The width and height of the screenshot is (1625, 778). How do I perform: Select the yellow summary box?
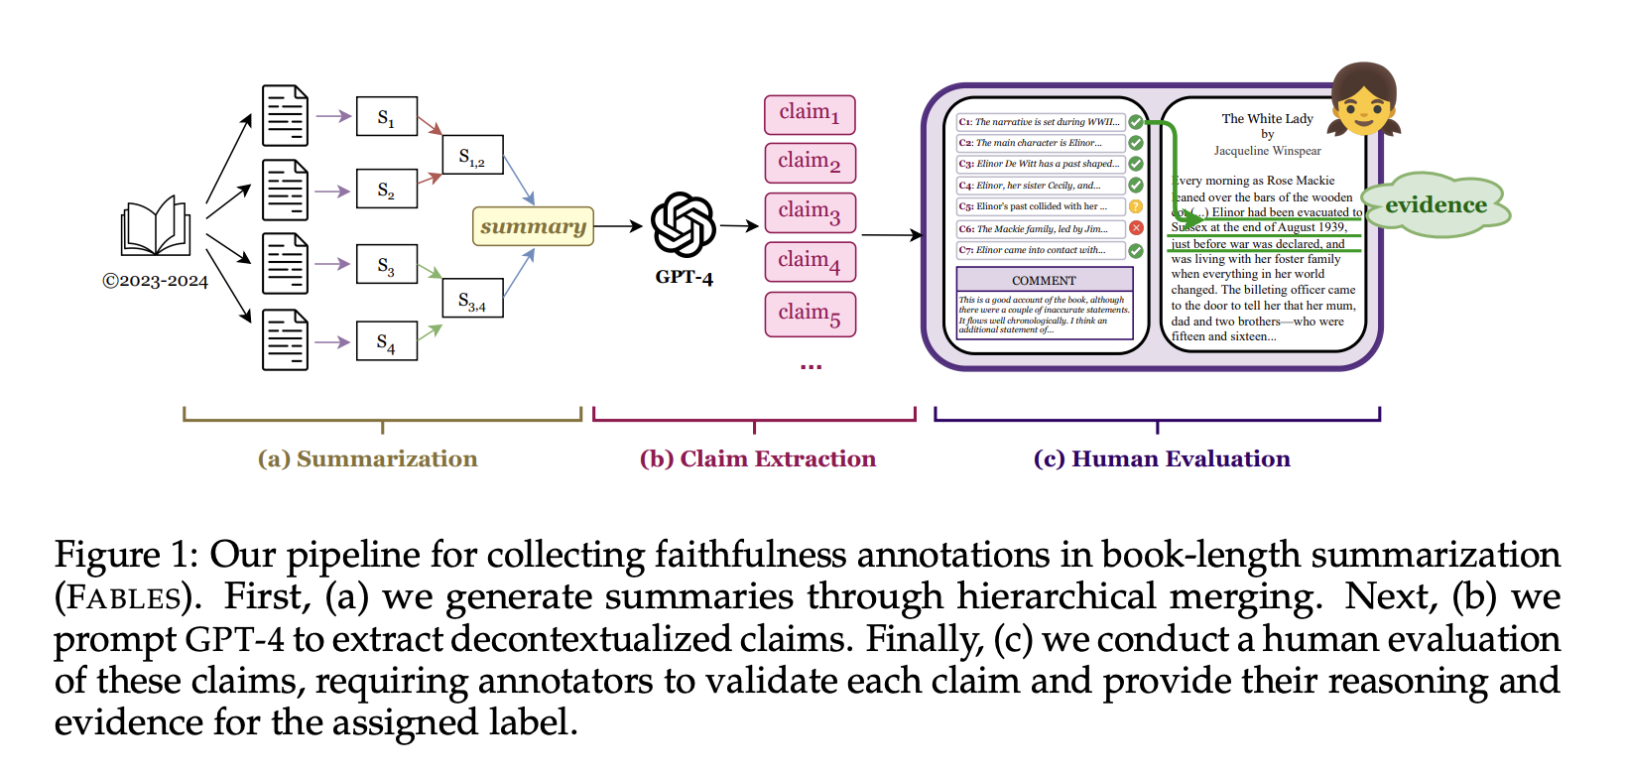[x=533, y=226]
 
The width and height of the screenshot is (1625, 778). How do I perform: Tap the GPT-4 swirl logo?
[x=684, y=225]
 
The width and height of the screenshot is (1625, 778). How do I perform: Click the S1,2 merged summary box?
[x=472, y=157]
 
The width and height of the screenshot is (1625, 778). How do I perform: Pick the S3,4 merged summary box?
[x=472, y=299]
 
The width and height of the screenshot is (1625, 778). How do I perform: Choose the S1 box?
[x=386, y=117]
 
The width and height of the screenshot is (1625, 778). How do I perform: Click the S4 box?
[x=386, y=342]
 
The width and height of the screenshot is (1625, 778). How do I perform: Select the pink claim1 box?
[x=810, y=114]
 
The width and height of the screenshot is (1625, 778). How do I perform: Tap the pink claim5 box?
[x=810, y=315]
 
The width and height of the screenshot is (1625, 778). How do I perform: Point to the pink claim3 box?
[x=810, y=212]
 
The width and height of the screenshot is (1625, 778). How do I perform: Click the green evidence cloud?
[x=1436, y=205]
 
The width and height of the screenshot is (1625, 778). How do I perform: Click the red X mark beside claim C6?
[x=1136, y=228]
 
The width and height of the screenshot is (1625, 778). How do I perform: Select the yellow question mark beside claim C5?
[x=1136, y=206]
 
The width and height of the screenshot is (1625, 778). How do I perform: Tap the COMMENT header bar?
[x=1044, y=280]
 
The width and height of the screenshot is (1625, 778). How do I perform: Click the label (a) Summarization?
[x=368, y=458]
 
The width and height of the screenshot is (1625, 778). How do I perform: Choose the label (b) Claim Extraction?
[x=758, y=458]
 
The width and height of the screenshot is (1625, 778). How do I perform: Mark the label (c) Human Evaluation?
[x=1162, y=458]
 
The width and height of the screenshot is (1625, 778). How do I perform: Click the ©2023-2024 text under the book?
[x=156, y=281]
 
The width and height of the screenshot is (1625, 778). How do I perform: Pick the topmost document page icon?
[x=285, y=116]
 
